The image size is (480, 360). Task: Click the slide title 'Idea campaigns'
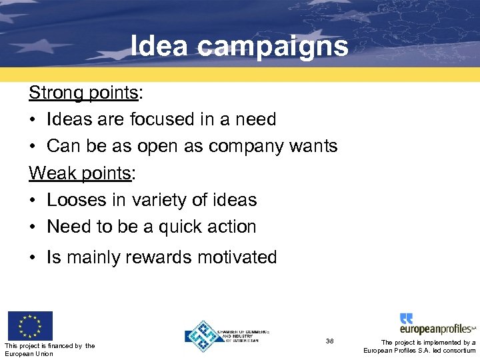coord(239,47)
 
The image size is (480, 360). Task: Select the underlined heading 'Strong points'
coord(82,93)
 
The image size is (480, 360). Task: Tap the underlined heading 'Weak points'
coord(80,173)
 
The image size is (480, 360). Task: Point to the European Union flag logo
coord(29,326)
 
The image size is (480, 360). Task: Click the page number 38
coord(329,341)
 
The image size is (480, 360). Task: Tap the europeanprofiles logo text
coord(437,329)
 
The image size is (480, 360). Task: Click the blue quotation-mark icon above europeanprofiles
coord(406,318)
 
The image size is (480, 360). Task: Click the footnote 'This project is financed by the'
coord(49,345)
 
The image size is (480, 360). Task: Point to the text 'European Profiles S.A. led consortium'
coord(419,351)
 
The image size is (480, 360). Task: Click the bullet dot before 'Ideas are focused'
coord(33,120)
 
